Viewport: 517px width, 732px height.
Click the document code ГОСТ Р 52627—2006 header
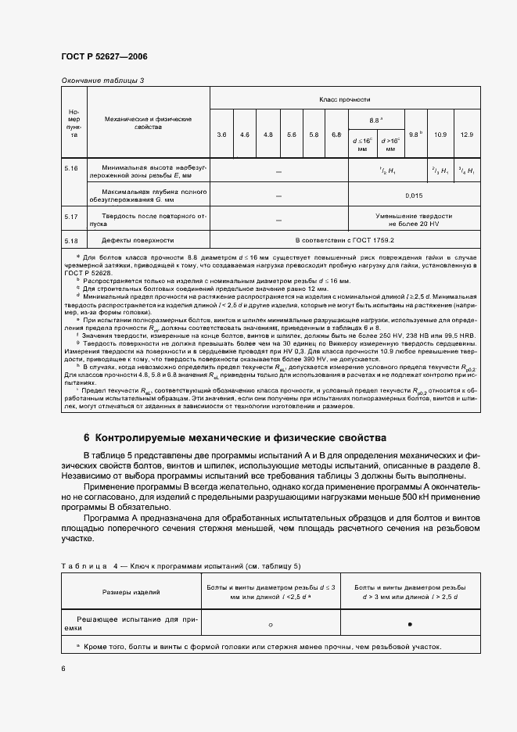[104, 57]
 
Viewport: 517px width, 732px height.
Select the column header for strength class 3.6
[222, 135]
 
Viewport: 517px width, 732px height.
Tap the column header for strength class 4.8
[268, 135]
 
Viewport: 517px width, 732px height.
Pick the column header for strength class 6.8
[336, 135]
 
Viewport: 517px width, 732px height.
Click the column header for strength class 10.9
[440, 135]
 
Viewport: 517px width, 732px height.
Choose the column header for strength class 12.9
[467, 135]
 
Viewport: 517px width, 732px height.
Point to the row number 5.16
[72, 167]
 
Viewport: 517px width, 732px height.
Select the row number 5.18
[72, 240]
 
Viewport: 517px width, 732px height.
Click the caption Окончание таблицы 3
[102, 81]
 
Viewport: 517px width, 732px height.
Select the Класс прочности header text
[345, 100]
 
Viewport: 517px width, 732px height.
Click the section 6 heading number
[87, 437]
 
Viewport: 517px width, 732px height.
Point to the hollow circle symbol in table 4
[270, 624]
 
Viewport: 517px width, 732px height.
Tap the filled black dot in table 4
[410, 624]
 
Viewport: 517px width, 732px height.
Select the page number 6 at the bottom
[63, 668]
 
